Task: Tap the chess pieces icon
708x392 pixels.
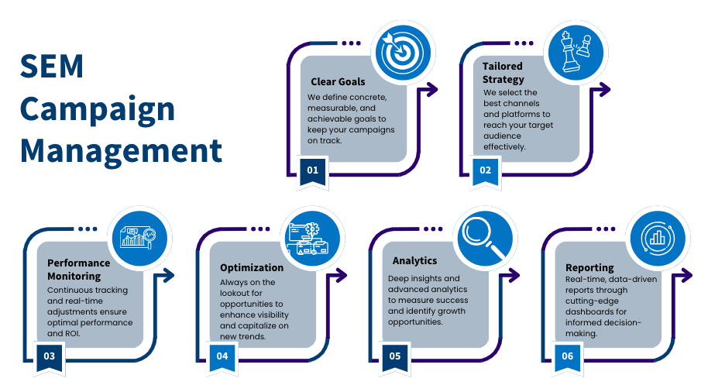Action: point(574,52)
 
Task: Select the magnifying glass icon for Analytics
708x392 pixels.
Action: point(485,238)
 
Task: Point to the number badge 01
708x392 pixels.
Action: point(313,170)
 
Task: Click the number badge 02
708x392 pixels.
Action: point(485,170)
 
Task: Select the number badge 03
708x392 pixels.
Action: point(50,356)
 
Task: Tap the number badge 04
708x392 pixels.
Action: point(222,356)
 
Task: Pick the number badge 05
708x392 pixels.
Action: point(395,356)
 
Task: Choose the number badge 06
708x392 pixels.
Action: point(567,356)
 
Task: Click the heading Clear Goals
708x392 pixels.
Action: point(338,81)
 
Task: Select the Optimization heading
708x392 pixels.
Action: point(252,267)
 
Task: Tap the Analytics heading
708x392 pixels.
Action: point(414,261)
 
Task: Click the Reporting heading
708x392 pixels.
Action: point(589,267)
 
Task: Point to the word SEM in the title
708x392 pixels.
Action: point(52,67)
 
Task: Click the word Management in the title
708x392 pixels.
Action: point(121,150)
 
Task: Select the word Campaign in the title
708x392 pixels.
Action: point(98,109)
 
